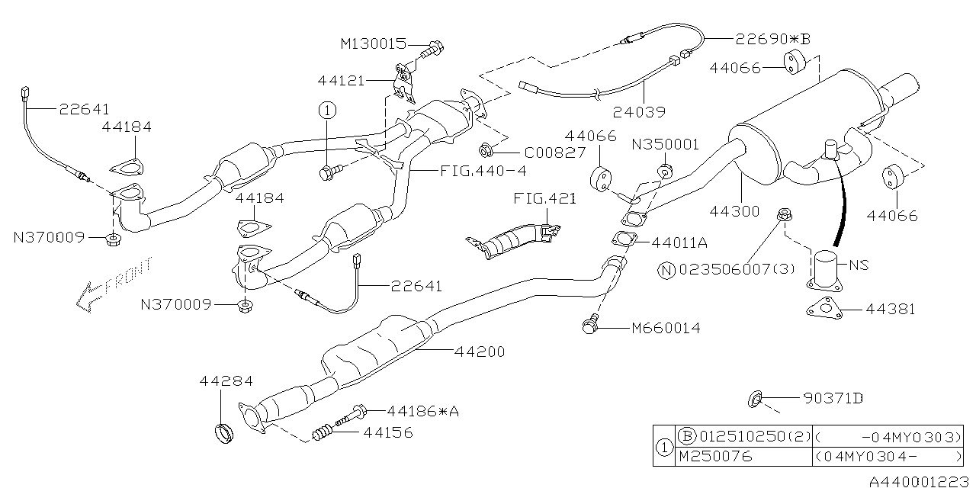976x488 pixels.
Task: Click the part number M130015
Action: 374,43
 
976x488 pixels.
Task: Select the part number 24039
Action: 641,111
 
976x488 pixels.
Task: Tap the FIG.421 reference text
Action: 544,199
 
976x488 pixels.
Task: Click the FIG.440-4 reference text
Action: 482,172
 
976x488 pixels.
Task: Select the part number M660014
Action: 665,329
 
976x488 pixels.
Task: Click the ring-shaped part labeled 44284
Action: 221,435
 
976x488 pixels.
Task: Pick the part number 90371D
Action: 833,397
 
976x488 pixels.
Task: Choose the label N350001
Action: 664,143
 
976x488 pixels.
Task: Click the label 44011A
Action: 680,242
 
